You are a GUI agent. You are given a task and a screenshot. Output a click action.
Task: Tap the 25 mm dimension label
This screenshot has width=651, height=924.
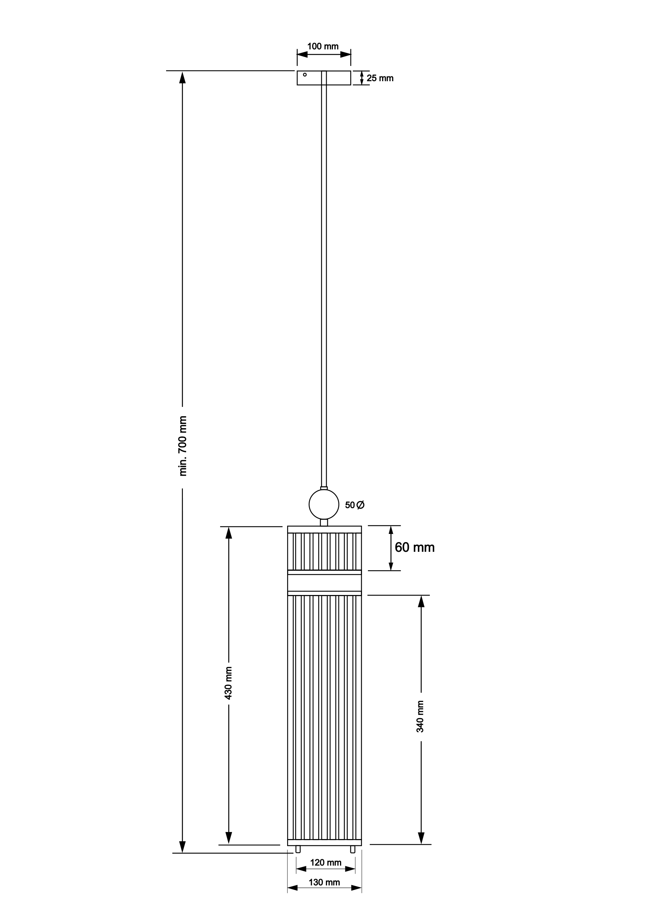[380, 78]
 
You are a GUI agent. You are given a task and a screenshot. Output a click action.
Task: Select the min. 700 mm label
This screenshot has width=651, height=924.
[183, 446]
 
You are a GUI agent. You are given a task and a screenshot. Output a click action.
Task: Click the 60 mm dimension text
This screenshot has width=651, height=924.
[415, 547]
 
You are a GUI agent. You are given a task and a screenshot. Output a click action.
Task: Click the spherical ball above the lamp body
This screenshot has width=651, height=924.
[324, 504]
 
